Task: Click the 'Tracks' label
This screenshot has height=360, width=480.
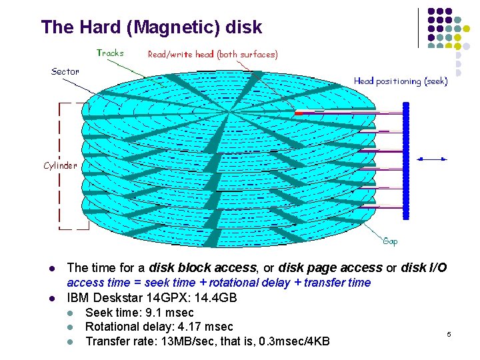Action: pyautogui.click(x=110, y=53)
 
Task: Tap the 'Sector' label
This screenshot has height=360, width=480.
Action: pyautogui.click(x=65, y=71)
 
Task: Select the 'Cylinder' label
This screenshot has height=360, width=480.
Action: pyautogui.click(x=60, y=165)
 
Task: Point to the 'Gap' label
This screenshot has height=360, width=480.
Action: pyautogui.click(x=390, y=241)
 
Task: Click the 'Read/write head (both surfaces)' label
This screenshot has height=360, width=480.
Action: pyautogui.click(x=213, y=54)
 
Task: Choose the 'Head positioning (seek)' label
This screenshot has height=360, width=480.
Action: pyautogui.click(x=401, y=81)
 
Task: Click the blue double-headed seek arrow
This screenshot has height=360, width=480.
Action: pyautogui.click(x=433, y=158)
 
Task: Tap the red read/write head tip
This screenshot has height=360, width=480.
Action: pyautogui.click(x=299, y=113)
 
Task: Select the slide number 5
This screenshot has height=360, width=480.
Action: pyautogui.click(x=449, y=333)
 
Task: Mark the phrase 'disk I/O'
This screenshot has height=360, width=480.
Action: pyautogui.click(x=425, y=268)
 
